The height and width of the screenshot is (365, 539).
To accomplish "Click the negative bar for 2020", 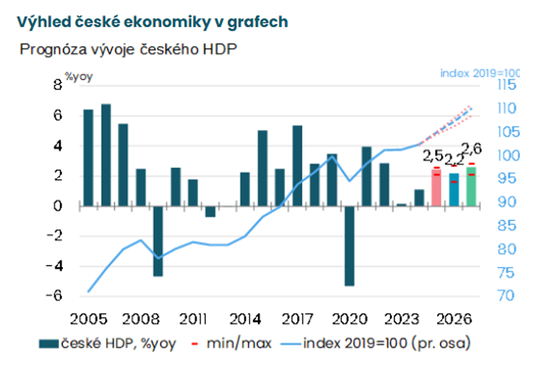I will click(349, 245).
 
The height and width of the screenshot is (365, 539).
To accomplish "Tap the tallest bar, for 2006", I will click(106, 154).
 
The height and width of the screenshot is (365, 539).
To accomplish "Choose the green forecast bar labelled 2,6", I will click(471, 186).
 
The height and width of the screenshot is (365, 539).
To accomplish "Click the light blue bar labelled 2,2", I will click(454, 189).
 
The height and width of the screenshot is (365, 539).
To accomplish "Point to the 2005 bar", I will click(88, 157).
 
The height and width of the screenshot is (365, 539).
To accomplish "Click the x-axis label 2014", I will click(244, 319).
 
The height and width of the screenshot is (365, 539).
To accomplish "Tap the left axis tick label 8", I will click(57, 85).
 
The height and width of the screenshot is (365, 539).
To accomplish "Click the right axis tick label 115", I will click(507, 85).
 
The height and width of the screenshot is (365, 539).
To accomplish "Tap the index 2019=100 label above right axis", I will click(479, 73).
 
